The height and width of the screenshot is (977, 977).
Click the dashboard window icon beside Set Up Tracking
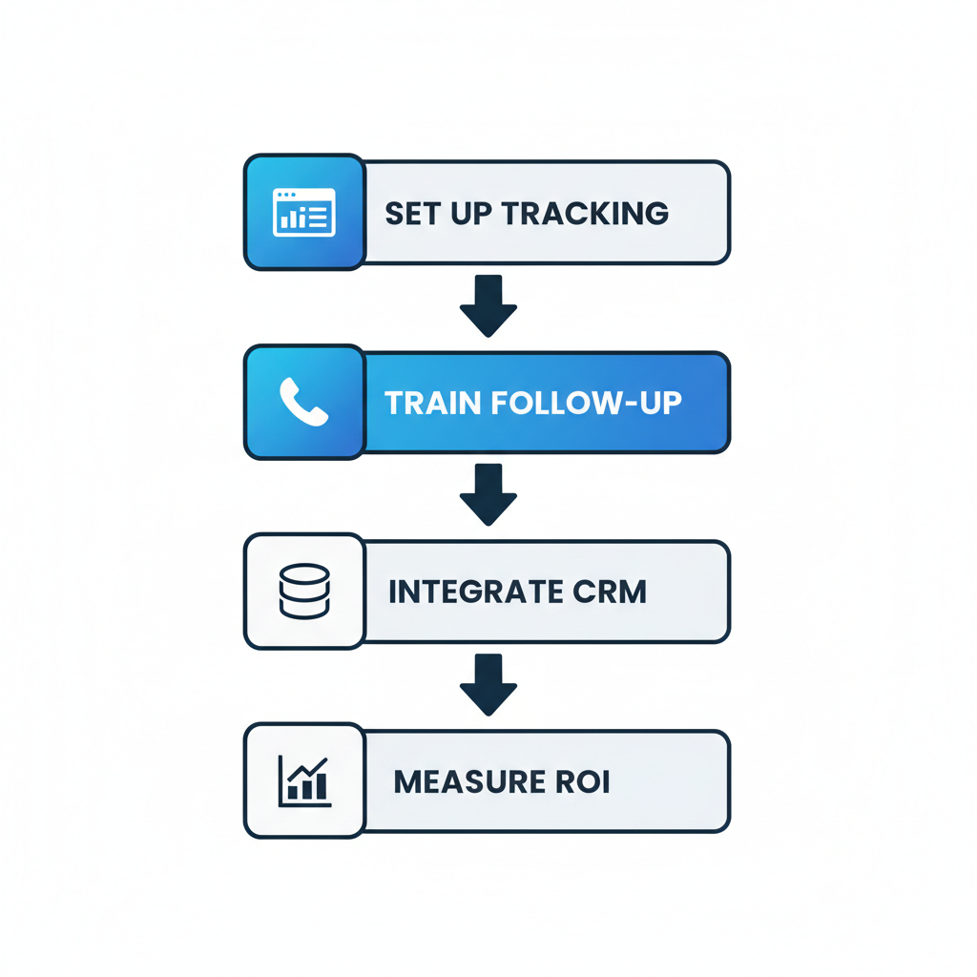[x=304, y=212]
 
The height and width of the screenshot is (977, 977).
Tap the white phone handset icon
[x=304, y=402]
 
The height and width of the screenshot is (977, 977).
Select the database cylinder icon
[x=304, y=591]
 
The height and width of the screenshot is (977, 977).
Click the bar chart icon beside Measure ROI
[x=304, y=780]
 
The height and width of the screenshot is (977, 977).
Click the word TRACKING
[x=584, y=213]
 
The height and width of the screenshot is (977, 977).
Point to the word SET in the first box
[x=410, y=213]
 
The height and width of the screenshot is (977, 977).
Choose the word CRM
[x=610, y=592]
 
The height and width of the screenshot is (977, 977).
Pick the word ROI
[x=581, y=781]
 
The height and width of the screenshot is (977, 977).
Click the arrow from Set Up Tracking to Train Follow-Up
[x=488, y=305]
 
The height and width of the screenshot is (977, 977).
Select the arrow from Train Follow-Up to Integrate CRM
[x=488, y=494]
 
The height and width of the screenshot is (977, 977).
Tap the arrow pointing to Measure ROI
[x=488, y=684]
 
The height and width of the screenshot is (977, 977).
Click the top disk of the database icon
[x=304, y=574]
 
